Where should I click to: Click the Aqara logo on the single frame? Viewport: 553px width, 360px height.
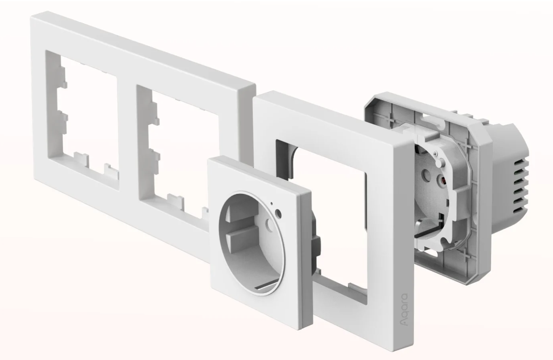point(404,310)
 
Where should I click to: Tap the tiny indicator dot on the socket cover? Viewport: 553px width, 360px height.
point(272,204)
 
